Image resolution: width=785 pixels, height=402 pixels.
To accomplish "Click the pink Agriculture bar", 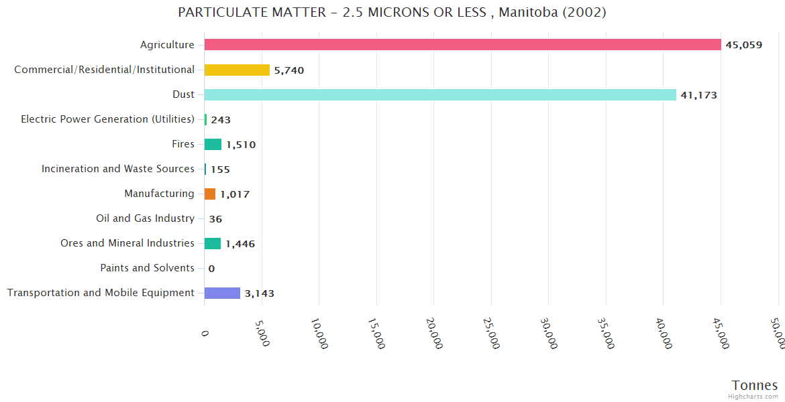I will coord(462,45).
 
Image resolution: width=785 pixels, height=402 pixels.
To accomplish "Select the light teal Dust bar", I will coord(440,94).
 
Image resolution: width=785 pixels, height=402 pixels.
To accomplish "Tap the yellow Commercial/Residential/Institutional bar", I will coord(237,70).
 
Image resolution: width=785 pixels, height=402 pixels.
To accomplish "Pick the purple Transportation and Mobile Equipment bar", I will coord(222,293).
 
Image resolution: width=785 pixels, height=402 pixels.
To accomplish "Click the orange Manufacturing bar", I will coord(210,194).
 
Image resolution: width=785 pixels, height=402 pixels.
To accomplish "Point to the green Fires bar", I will coord(213,144).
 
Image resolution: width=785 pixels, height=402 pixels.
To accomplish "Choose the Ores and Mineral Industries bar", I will coord(213,243).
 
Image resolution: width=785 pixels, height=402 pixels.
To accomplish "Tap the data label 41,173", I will coord(699,95).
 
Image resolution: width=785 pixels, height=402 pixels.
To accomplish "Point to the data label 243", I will coord(221,120).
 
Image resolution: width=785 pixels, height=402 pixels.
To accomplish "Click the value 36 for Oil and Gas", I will coord(215,219).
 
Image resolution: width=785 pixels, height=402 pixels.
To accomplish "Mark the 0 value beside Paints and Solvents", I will coord(211,269).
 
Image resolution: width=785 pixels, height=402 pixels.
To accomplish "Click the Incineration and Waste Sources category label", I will coord(118,169).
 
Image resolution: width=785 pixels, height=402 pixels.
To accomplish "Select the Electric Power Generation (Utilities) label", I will coord(108,119).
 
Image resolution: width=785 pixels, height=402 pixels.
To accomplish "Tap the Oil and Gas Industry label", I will coord(146,218).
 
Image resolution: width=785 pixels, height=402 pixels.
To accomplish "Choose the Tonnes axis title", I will coord(754,385).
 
